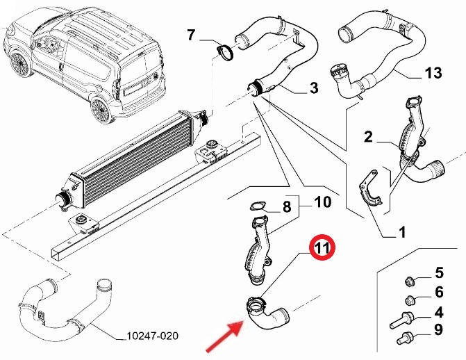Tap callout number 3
[314, 88]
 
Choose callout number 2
[369, 137]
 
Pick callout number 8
[285, 206]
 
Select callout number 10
[323, 202]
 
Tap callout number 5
[439, 272]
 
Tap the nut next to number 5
[410, 281]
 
